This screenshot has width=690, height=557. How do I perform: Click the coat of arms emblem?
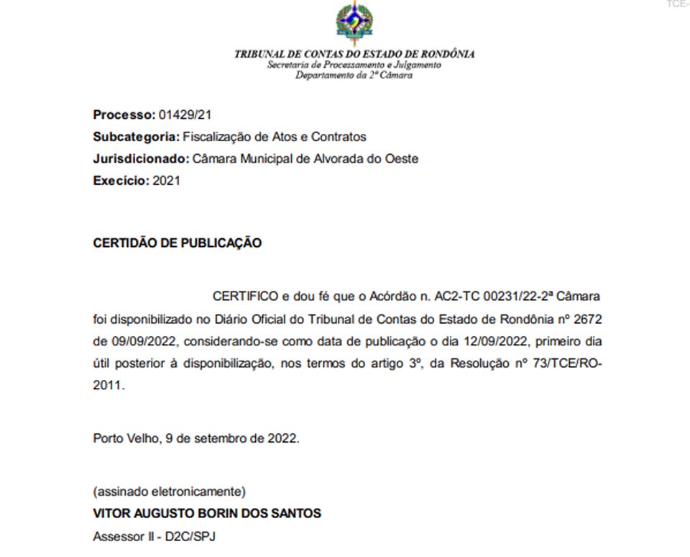click(x=354, y=23)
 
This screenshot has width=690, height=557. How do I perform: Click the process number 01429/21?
click(x=185, y=114)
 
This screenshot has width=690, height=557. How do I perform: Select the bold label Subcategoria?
click(x=137, y=137)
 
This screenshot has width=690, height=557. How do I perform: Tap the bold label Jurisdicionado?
click(x=142, y=159)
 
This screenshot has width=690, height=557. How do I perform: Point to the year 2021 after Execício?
click(x=167, y=181)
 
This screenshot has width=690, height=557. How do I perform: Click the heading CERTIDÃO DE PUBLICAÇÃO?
click(x=178, y=243)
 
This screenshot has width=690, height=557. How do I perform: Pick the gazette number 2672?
click(x=587, y=319)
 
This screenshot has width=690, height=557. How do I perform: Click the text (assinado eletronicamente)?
click(x=170, y=492)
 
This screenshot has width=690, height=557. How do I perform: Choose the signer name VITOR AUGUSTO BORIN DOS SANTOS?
click(x=207, y=514)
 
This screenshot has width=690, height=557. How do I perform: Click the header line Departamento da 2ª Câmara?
click(x=354, y=75)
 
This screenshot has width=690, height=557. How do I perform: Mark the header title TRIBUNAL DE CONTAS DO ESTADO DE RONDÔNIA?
click(x=354, y=54)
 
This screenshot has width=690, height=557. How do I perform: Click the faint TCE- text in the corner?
click(x=677, y=4)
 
